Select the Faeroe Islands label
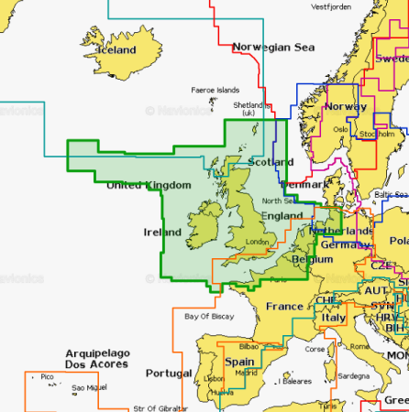pos(215,91)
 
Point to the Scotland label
pos(271,162)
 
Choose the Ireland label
pos(163,233)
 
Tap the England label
pos(282,216)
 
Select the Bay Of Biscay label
pos(204,316)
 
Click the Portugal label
pos(169,374)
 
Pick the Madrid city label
pos(246,374)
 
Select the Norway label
pos(347,106)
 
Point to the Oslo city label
pos(340,129)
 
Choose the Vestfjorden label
pos(331,7)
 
